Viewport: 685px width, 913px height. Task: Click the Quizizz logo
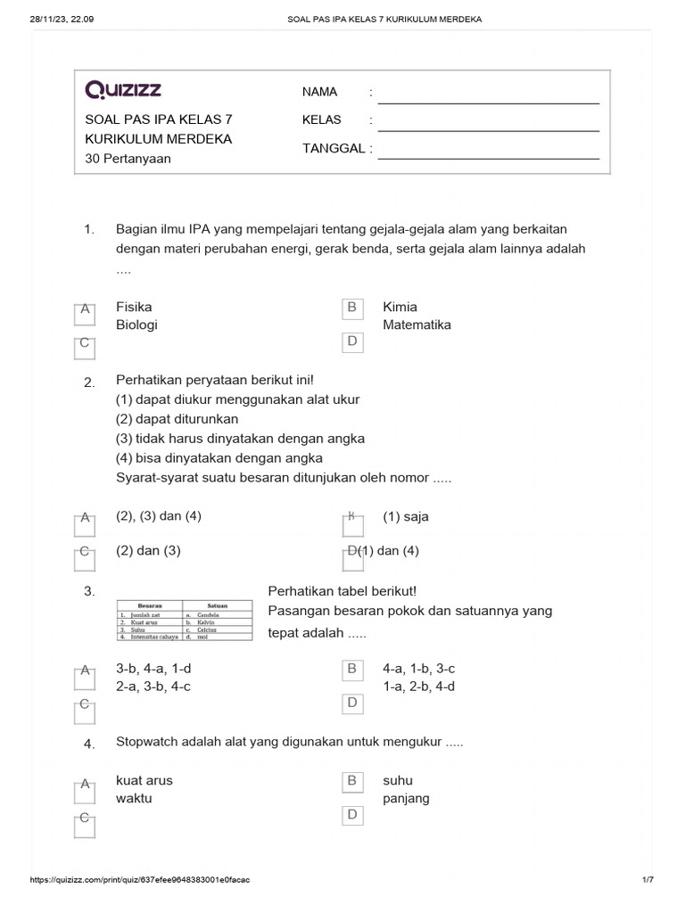pos(123,89)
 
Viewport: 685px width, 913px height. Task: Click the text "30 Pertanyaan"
pos(128,159)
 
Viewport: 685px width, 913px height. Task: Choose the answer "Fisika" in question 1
pos(134,307)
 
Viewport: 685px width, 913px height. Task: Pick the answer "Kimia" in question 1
pos(400,307)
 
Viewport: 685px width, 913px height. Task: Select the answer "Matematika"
pos(417,325)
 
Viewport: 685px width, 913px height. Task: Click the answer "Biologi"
pos(136,325)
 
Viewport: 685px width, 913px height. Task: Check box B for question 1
pos(352,308)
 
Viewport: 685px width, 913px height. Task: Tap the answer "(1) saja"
pos(406,516)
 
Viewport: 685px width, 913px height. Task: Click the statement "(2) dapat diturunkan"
pos(177,419)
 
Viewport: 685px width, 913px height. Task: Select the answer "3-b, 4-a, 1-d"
pos(153,668)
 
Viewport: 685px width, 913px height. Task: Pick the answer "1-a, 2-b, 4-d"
pos(419,686)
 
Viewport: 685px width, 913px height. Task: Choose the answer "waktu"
pos(134,798)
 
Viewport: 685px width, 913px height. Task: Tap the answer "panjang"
pos(406,798)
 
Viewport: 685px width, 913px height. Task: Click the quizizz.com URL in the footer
pos(140,880)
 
